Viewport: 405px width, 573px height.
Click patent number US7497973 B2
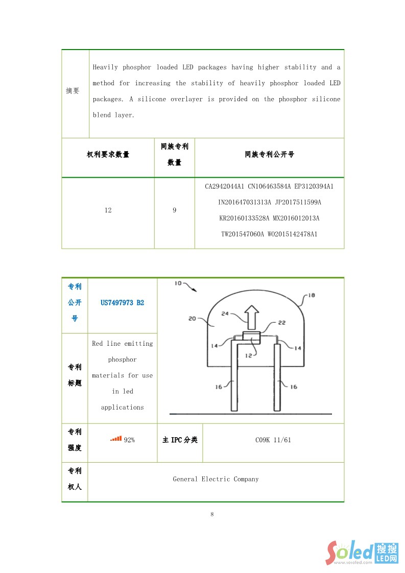pyautogui.click(x=122, y=303)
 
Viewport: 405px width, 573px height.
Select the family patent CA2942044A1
pyautogui.click(x=225, y=186)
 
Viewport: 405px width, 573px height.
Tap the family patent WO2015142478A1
pyautogui.click(x=293, y=234)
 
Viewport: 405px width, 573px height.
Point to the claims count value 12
pyautogui.click(x=108, y=210)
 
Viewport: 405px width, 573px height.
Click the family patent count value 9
pyautogui.click(x=174, y=210)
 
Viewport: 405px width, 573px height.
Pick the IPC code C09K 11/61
pyautogui.click(x=273, y=440)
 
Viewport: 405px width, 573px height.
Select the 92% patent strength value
pyautogui.click(x=129, y=440)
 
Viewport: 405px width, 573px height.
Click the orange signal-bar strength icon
pyautogui.click(x=116, y=438)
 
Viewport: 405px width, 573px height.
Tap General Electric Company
pyautogui.click(x=216, y=479)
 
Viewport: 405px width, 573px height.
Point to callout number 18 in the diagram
pyautogui.click(x=311, y=295)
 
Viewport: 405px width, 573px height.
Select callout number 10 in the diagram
pyautogui.click(x=178, y=283)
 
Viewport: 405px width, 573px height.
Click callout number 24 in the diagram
pyautogui.click(x=225, y=314)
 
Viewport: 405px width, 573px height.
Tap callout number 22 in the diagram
pyautogui.click(x=281, y=323)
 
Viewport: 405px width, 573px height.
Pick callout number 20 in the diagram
pyautogui.click(x=192, y=318)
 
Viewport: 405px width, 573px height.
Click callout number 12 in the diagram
pyautogui.click(x=248, y=355)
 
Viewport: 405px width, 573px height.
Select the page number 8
pyautogui.click(x=212, y=514)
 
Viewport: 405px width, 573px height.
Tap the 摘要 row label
pyautogui.click(x=73, y=91)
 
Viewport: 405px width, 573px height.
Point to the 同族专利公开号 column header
pyautogui.click(x=269, y=154)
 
